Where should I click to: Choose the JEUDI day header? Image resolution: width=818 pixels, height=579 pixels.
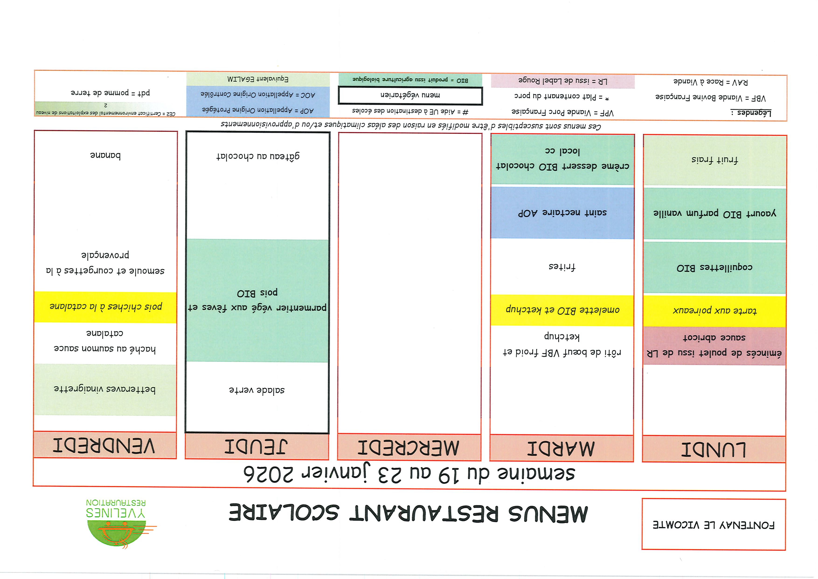coord(256,446)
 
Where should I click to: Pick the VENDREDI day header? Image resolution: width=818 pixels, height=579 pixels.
coord(105,445)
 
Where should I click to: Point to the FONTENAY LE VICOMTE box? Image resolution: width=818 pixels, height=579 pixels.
coord(714,524)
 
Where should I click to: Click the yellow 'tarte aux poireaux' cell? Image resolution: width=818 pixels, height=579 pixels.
coord(714,310)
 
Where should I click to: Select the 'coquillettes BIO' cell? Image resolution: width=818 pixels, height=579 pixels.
coord(714,268)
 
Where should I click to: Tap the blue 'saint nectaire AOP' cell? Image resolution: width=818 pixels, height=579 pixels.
coord(562,213)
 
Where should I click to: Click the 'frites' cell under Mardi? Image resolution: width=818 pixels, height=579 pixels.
coord(562,267)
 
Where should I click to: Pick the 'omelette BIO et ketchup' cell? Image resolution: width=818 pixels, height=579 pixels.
coord(562,310)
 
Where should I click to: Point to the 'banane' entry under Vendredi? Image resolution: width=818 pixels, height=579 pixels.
coord(105,155)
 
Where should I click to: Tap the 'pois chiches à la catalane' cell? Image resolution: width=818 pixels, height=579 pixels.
coord(105,307)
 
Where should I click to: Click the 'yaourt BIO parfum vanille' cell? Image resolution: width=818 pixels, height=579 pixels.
coord(714,213)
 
